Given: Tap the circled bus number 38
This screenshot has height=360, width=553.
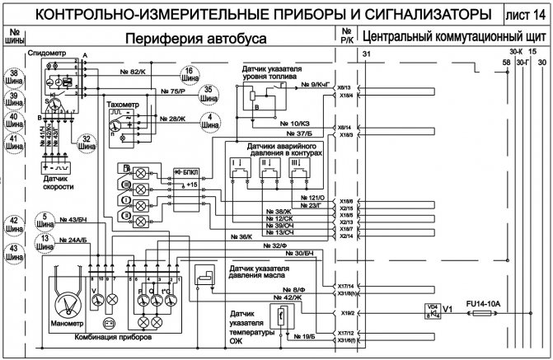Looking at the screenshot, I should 14,77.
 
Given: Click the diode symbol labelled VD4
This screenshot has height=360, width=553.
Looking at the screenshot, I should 430,311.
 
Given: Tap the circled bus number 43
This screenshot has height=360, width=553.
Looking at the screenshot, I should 14,253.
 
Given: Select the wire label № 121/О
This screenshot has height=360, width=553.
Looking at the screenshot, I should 314,199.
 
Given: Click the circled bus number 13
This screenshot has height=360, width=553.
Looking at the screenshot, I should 45,242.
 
